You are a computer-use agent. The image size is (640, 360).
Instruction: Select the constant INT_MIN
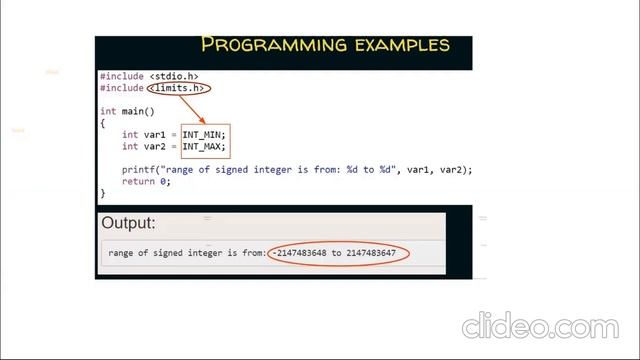click(203, 134)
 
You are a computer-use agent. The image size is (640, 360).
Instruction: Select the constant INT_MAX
click(203, 146)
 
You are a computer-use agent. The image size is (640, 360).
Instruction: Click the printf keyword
click(138, 169)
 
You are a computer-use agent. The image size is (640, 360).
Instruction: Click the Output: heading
click(128, 223)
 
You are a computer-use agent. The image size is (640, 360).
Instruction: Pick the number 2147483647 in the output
click(371, 253)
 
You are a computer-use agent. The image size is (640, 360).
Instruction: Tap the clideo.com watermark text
click(556, 327)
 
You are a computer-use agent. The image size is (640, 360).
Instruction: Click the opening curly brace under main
click(102, 122)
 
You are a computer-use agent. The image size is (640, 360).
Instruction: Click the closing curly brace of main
click(102, 192)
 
